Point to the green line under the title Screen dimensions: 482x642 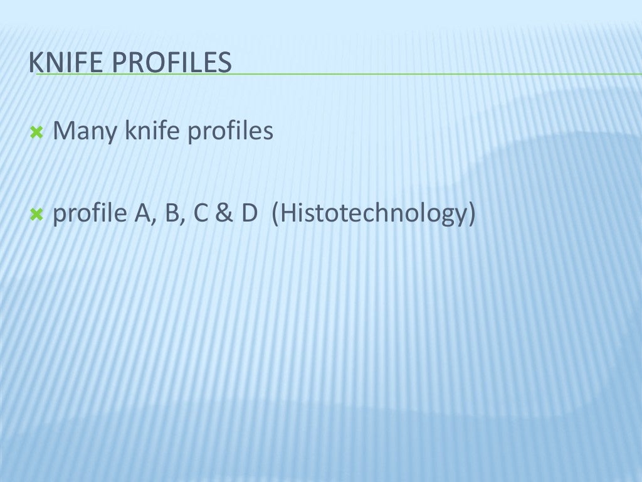376,74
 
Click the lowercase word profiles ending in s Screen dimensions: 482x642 230,132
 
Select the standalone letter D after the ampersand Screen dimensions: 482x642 249,214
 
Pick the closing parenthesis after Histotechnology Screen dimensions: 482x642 471,215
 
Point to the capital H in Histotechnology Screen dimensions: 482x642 288,214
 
